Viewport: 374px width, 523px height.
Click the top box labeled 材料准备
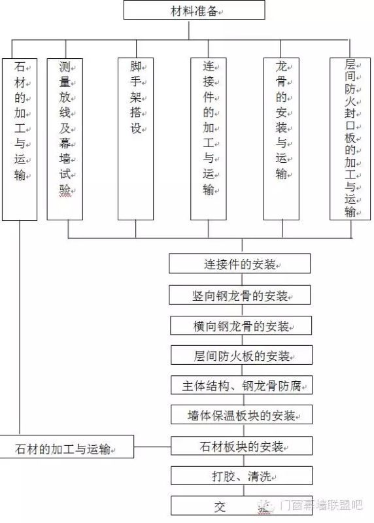click(x=194, y=10)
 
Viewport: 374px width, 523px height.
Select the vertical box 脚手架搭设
click(x=136, y=139)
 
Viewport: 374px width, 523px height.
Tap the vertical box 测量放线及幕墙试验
click(x=65, y=139)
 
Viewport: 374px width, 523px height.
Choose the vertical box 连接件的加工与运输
click(x=209, y=139)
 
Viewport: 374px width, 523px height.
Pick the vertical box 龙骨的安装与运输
click(x=281, y=139)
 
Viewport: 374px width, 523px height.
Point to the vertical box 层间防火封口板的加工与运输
click(x=350, y=139)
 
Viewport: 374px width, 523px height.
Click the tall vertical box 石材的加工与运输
click(x=20, y=139)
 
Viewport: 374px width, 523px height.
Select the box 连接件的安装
click(x=239, y=263)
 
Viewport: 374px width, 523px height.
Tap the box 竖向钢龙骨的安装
click(x=239, y=295)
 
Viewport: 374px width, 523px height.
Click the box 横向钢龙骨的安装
click(x=241, y=326)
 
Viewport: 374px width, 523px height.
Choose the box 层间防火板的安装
click(x=241, y=355)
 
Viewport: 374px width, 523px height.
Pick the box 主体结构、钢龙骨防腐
click(x=241, y=385)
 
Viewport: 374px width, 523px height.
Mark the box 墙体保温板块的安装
click(x=241, y=414)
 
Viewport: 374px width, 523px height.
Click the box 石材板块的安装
click(x=241, y=446)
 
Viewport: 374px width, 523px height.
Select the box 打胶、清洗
click(x=241, y=475)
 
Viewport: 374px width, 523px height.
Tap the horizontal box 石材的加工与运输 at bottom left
click(x=67, y=447)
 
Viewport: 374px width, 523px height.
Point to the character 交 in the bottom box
click(x=220, y=507)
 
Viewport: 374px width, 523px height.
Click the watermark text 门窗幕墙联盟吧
click(x=320, y=505)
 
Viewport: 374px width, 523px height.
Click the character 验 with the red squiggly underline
click(x=65, y=190)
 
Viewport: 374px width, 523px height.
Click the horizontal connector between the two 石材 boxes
click(x=152, y=447)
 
